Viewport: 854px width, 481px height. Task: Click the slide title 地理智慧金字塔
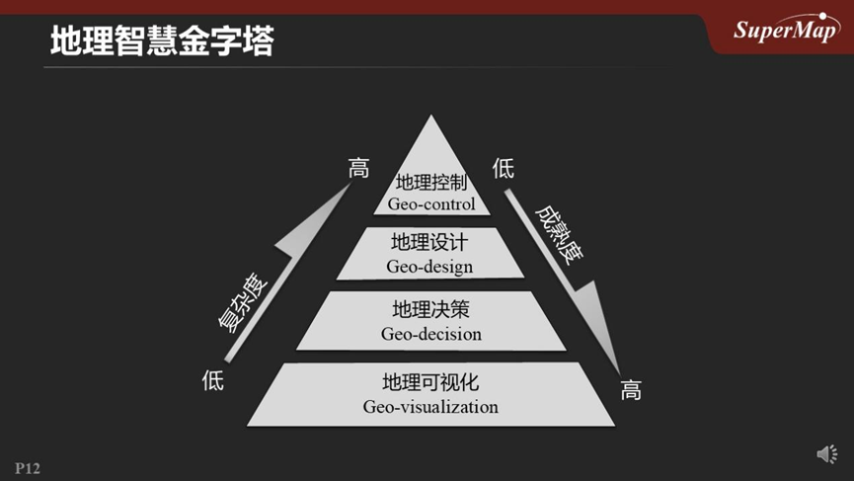pos(162,41)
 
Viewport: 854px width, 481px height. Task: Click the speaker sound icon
pos(826,453)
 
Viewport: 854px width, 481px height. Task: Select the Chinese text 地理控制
pos(430,183)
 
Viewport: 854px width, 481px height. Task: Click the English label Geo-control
pos(430,204)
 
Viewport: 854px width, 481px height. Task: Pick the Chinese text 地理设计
pos(429,243)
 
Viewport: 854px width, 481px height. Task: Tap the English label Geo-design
pos(429,266)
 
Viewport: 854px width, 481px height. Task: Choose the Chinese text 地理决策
pos(430,310)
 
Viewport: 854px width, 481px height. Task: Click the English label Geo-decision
pos(430,334)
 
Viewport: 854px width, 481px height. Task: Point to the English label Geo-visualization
pos(430,406)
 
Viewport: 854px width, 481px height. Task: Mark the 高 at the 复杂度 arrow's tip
pos(358,169)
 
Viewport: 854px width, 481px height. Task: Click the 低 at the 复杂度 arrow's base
pos(213,379)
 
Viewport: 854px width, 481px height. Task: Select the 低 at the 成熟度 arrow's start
pos(503,169)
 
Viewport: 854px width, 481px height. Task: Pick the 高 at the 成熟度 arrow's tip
pos(631,390)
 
